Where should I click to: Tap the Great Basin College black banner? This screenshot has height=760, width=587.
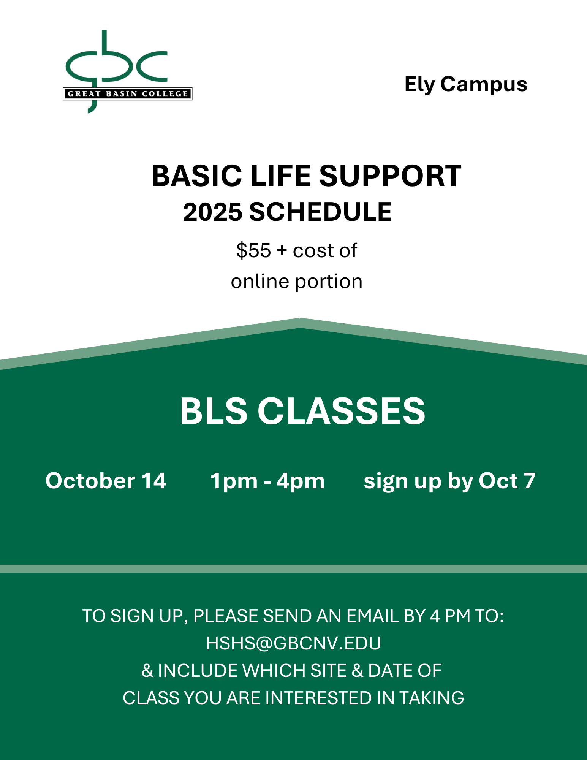pos(128,94)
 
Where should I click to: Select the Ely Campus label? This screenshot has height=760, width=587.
pos(466,85)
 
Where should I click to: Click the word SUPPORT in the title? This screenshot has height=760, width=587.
pos(390,176)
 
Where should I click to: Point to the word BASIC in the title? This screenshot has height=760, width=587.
pos(197,176)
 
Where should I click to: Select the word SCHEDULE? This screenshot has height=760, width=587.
pos(320,212)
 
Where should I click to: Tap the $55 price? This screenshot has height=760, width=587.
pos(253,250)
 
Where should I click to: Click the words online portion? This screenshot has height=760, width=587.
pos(297,282)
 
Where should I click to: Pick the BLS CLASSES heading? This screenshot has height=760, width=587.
pos(302,411)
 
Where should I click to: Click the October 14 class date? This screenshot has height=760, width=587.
pos(106,481)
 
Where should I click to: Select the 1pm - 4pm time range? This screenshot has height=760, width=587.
pos(267,481)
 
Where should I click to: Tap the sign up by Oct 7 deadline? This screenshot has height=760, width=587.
pos(449,481)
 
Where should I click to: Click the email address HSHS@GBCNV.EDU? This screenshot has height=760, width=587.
pos(293,643)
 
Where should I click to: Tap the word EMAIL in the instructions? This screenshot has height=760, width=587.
pos(372,616)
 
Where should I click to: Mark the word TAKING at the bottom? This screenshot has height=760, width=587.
pos(432,698)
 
